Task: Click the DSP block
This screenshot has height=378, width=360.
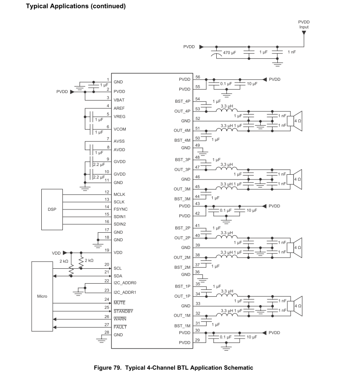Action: tap(52, 209)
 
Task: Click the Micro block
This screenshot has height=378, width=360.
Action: tap(42, 296)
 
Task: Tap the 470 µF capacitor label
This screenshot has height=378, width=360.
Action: tap(229, 53)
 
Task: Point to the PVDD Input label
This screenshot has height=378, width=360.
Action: tap(304, 25)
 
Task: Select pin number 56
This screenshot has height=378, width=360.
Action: tap(198, 77)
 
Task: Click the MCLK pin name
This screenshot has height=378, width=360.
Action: tap(120, 194)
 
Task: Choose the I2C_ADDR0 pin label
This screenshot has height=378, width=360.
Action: tap(125, 283)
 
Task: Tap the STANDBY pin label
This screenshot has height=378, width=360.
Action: tap(124, 311)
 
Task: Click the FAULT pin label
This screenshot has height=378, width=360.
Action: tap(120, 327)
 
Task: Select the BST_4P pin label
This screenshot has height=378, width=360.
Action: tap(183, 101)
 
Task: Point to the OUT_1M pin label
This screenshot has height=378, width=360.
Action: tap(182, 316)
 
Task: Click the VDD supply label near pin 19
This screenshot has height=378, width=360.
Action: tap(56, 253)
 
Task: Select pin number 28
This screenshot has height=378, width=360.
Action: tap(107, 332)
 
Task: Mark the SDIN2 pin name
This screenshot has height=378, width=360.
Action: tap(120, 224)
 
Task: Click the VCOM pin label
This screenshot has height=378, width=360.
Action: tap(120, 129)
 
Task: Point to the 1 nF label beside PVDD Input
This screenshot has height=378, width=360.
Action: tap(292, 52)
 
